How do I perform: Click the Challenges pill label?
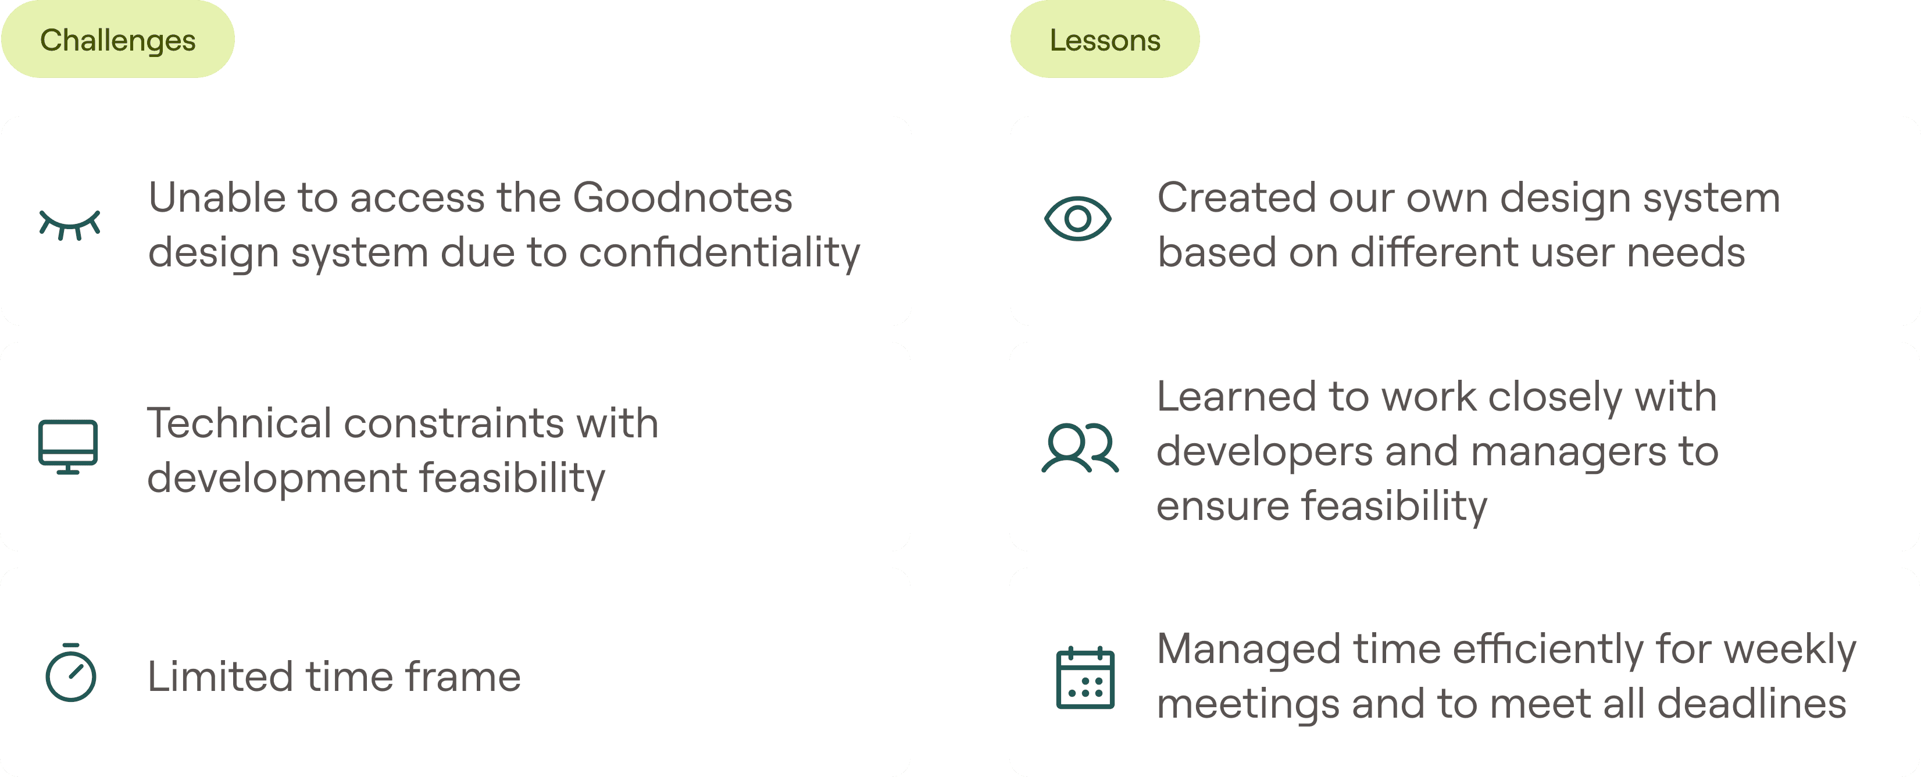click(x=118, y=40)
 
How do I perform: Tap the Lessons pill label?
click(x=1105, y=40)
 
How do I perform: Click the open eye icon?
click(x=1077, y=219)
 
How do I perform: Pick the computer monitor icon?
click(x=68, y=447)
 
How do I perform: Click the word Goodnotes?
click(x=683, y=198)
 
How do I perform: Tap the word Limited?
click(x=220, y=676)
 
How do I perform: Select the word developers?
click(x=1265, y=451)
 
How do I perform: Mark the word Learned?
click(x=1233, y=396)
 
